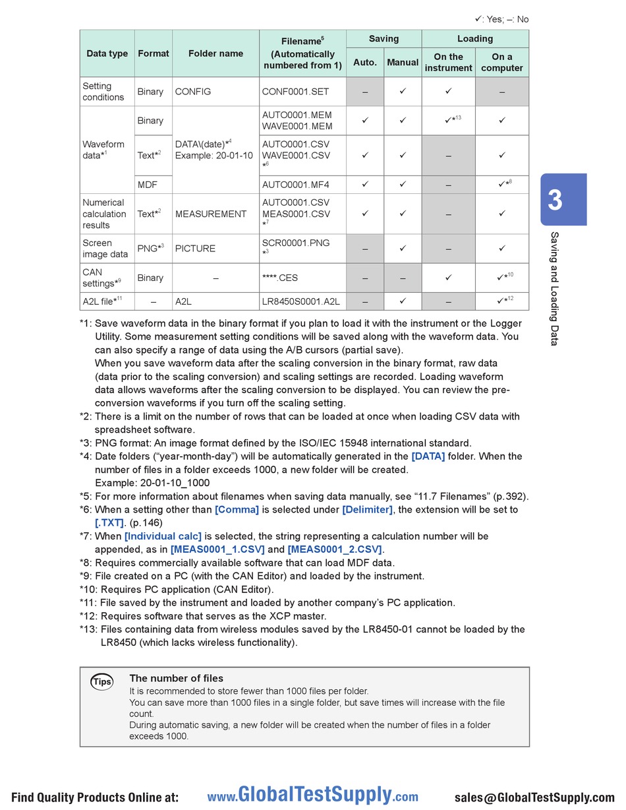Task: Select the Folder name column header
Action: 215,53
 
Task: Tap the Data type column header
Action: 107,53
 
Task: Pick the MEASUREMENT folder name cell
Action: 211,214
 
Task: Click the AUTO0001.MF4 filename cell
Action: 296,185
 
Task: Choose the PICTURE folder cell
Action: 195,249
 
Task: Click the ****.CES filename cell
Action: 280,278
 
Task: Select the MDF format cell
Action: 148,185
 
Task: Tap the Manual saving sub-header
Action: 403,63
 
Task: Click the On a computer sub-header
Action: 502,63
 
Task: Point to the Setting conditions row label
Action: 103,92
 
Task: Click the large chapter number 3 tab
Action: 555,200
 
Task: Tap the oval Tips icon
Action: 102,681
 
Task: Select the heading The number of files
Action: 176,678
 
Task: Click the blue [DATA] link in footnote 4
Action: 428,456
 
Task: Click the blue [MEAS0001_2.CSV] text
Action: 335,549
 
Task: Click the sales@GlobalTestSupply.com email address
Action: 534,797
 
